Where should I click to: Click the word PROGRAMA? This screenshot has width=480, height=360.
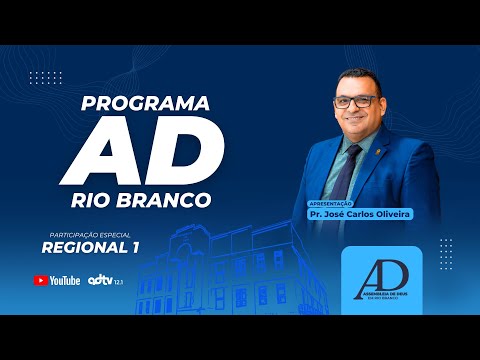(x=145, y=103)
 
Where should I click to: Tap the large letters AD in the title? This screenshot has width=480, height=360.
(x=147, y=150)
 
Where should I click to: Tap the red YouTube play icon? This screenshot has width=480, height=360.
(x=41, y=281)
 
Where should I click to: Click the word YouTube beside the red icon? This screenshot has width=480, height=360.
(x=65, y=281)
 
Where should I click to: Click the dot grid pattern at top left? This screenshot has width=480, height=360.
(x=46, y=78)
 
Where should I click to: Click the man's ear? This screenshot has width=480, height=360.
(x=382, y=104)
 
